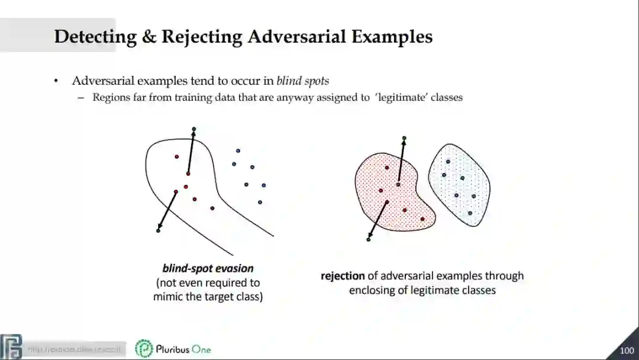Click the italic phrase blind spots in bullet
pos(302,81)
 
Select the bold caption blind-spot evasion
pos(208,268)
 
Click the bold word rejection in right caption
pos(343,276)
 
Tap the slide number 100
pos(627,351)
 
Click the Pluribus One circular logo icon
pos(144,349)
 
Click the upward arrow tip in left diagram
pos(193,129)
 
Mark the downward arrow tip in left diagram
pos(158,230)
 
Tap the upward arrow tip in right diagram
pos(404,139)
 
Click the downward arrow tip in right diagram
pos(369,239)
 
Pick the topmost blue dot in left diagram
pos(238,151)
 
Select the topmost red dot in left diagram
pos(176,156)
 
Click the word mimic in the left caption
pos(167,297)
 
